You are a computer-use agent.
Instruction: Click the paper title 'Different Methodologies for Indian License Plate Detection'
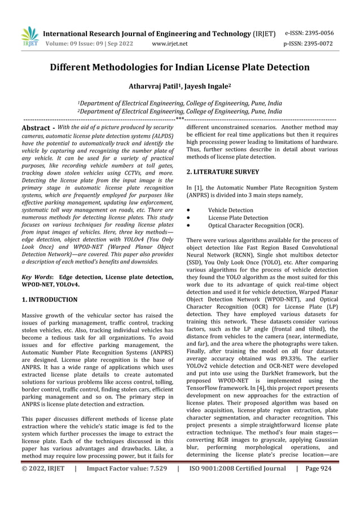coord(180,68)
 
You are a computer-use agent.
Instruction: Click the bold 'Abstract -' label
coord(38,129)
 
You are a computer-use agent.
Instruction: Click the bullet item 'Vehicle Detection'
coord(231,210)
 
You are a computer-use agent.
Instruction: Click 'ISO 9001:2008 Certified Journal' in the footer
coord(238,499)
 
